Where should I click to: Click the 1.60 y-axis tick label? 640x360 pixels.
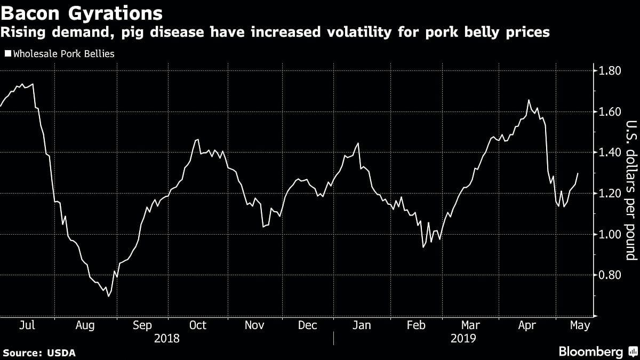pos(610,112)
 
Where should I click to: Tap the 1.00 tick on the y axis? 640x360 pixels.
pos(610,235)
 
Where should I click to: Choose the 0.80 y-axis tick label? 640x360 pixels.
pos(610,275)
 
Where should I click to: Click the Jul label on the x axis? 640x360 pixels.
pos(27,325)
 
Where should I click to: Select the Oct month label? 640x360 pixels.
pos(198,325)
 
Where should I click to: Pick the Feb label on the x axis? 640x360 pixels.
pos(417,325)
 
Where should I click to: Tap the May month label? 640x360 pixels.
pos(580,325)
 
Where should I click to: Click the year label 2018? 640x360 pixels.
pos(166,339)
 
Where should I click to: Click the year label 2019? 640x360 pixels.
pos(463,339)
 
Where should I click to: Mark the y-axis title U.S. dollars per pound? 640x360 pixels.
pos(631,189)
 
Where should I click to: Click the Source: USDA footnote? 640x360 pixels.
pos(39,353)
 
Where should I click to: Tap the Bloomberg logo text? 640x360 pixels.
pos(590,351)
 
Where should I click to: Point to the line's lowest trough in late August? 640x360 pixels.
pos(108,296)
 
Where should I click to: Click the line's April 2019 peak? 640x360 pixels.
pos(529,100)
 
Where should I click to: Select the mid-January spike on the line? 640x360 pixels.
pos(358,143)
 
